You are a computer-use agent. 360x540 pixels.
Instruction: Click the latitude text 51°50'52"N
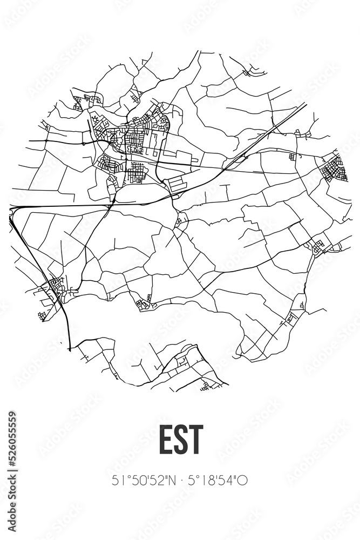pyautogui.click(x=141, y=480)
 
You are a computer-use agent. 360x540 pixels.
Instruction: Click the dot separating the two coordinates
pyautogui.click(x=180, y=480)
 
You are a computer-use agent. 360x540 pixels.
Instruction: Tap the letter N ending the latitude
pyautogui.click(x=169, y=480)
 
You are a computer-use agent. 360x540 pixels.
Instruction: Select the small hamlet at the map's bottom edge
pyautogui.click(x=206, y=385)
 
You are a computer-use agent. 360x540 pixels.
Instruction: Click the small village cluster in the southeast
pyautogui.click(x=318, y=247)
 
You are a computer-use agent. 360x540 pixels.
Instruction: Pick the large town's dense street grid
pyautogui.click(x=135, y=138)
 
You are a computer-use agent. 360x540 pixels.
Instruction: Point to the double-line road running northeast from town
pyautogui.click(x=264, y=135)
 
